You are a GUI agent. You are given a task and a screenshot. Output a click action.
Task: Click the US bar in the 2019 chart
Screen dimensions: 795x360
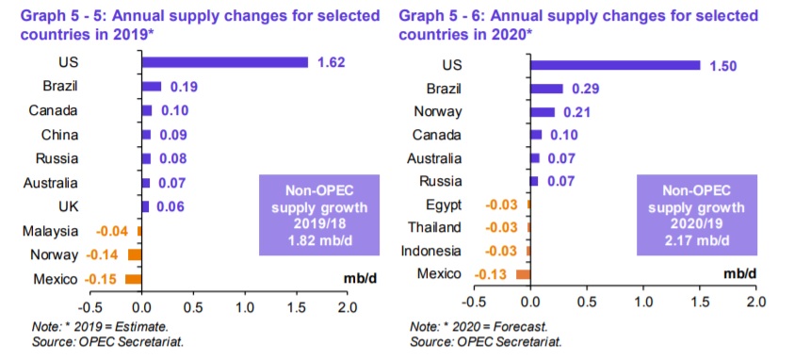coord(224,62)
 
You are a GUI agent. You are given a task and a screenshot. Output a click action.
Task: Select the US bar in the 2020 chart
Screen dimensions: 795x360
coord(615,65)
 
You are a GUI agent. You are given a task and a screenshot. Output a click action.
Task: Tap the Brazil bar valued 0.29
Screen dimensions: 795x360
coord(546,89)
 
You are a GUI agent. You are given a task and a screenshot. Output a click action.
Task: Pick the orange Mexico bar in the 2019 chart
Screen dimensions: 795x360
coord(134,279)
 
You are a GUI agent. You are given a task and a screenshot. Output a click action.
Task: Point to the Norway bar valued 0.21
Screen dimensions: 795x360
coord(543,112)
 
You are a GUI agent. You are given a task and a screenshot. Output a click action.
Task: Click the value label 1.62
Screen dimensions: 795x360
coord(331,62)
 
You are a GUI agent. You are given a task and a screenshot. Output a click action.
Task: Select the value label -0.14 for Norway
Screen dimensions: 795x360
coord(102,254)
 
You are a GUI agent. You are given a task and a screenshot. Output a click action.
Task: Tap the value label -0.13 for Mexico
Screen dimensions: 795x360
coord(491,275)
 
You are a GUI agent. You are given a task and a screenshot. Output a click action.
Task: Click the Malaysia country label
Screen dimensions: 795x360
coord(50,232)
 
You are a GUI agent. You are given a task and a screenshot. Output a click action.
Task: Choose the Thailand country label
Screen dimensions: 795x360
coord(434,227)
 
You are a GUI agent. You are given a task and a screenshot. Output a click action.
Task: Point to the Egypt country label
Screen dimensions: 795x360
coord(444,205)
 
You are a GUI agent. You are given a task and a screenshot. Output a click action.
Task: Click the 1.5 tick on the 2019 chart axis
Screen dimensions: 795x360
coord(296,308)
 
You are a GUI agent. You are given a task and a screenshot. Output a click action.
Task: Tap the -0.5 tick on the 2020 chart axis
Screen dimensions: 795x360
coord(474,302)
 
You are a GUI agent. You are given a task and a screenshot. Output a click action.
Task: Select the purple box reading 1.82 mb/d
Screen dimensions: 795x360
coord(319,215)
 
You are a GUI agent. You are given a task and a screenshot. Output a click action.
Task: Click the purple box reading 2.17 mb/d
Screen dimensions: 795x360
coord(697,215)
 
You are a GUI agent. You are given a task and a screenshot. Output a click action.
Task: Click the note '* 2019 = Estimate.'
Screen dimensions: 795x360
coord(100,326)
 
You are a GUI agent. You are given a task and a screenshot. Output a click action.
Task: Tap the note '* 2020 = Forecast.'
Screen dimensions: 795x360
coord(479,326)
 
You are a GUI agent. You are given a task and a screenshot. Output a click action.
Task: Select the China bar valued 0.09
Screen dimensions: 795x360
coord(146,135)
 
